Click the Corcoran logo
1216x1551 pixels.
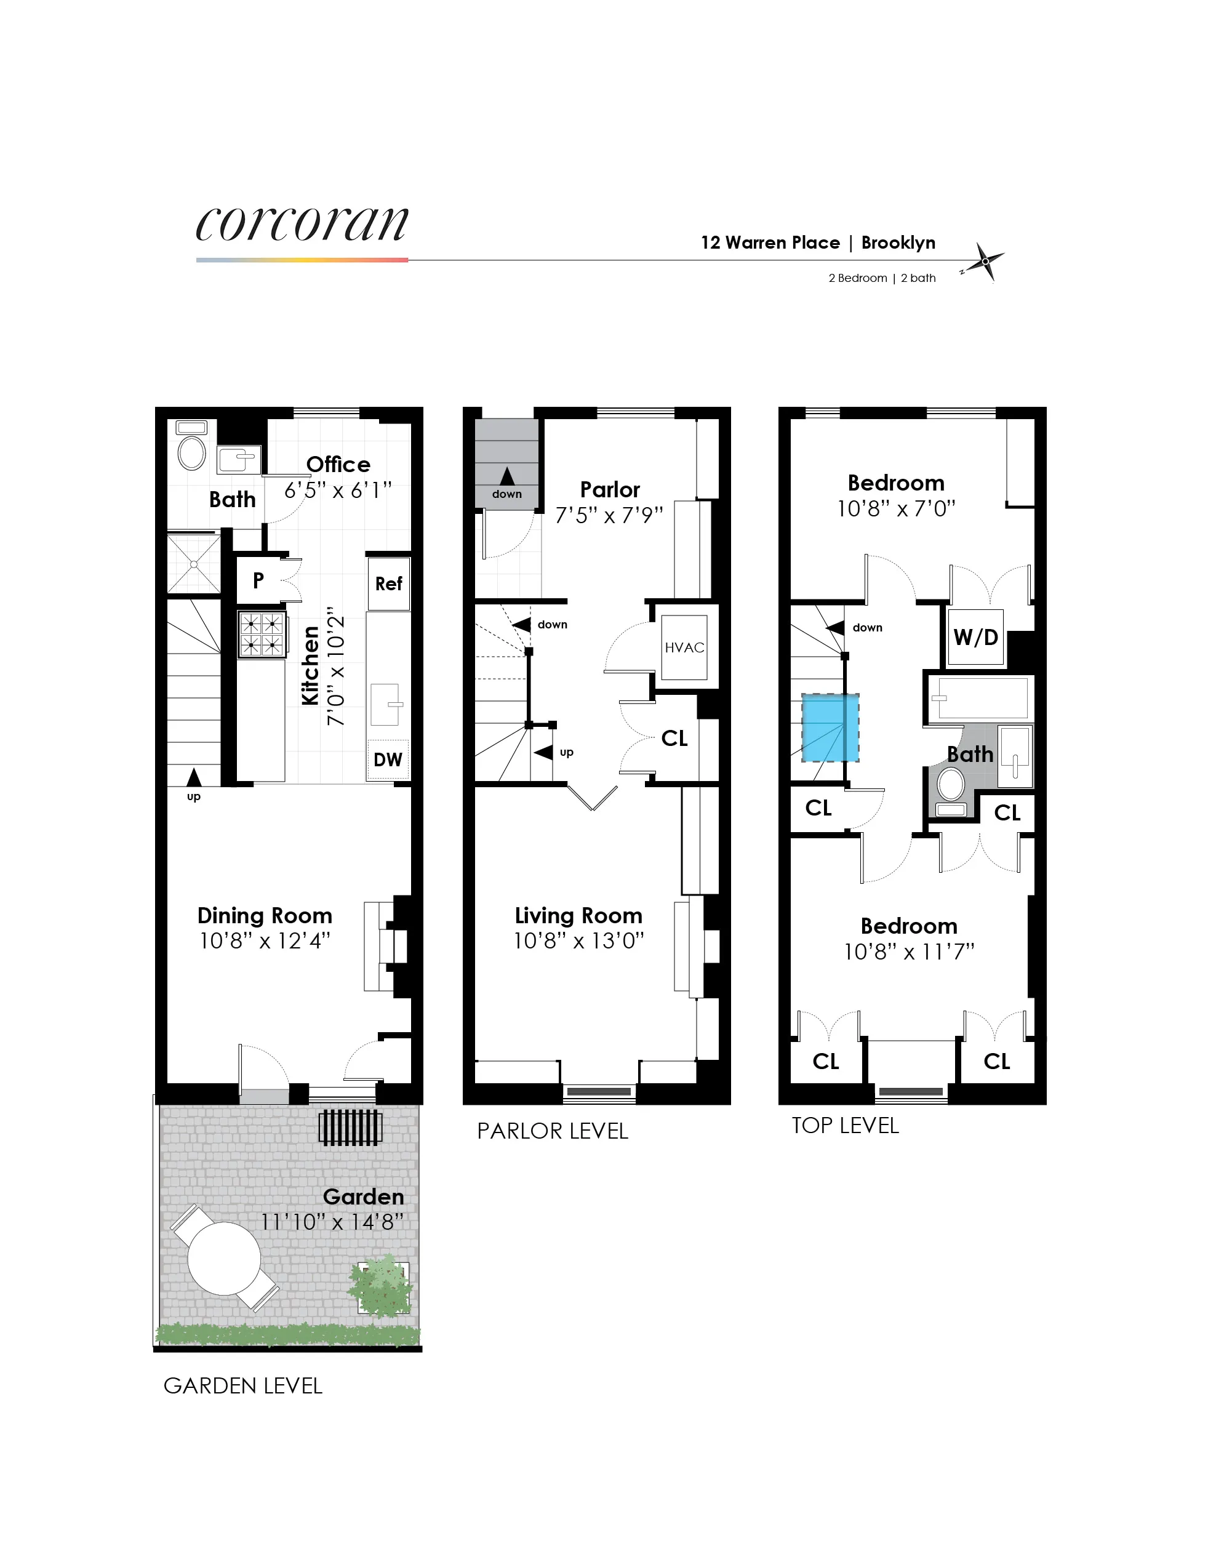click(x=302, y=224)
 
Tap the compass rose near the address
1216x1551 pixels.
click(x=985, y=262)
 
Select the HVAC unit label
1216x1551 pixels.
click(x=684, y=647)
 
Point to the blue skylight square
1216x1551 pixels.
click(x=830, y=727)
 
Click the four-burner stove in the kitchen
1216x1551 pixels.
click(x=262, y=634)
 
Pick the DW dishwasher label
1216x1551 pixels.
click(x=388, y=760)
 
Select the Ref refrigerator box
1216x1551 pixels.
click(x=389, y=584)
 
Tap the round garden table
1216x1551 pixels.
click(x=224, y=1258)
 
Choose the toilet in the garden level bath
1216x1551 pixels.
click(x=191, y=452)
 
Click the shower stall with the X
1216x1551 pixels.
click(x=194, y=564)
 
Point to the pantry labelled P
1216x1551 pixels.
click(x=258, y=580)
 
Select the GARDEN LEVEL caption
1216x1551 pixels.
click(x=243, y=1386)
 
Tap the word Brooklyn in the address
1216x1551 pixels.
click(x=898, y=243)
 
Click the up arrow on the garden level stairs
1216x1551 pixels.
click(x=194, y=777)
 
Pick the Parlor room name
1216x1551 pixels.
click(x=609, y=490)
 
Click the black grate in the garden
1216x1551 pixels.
click(x=350, y=1128)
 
